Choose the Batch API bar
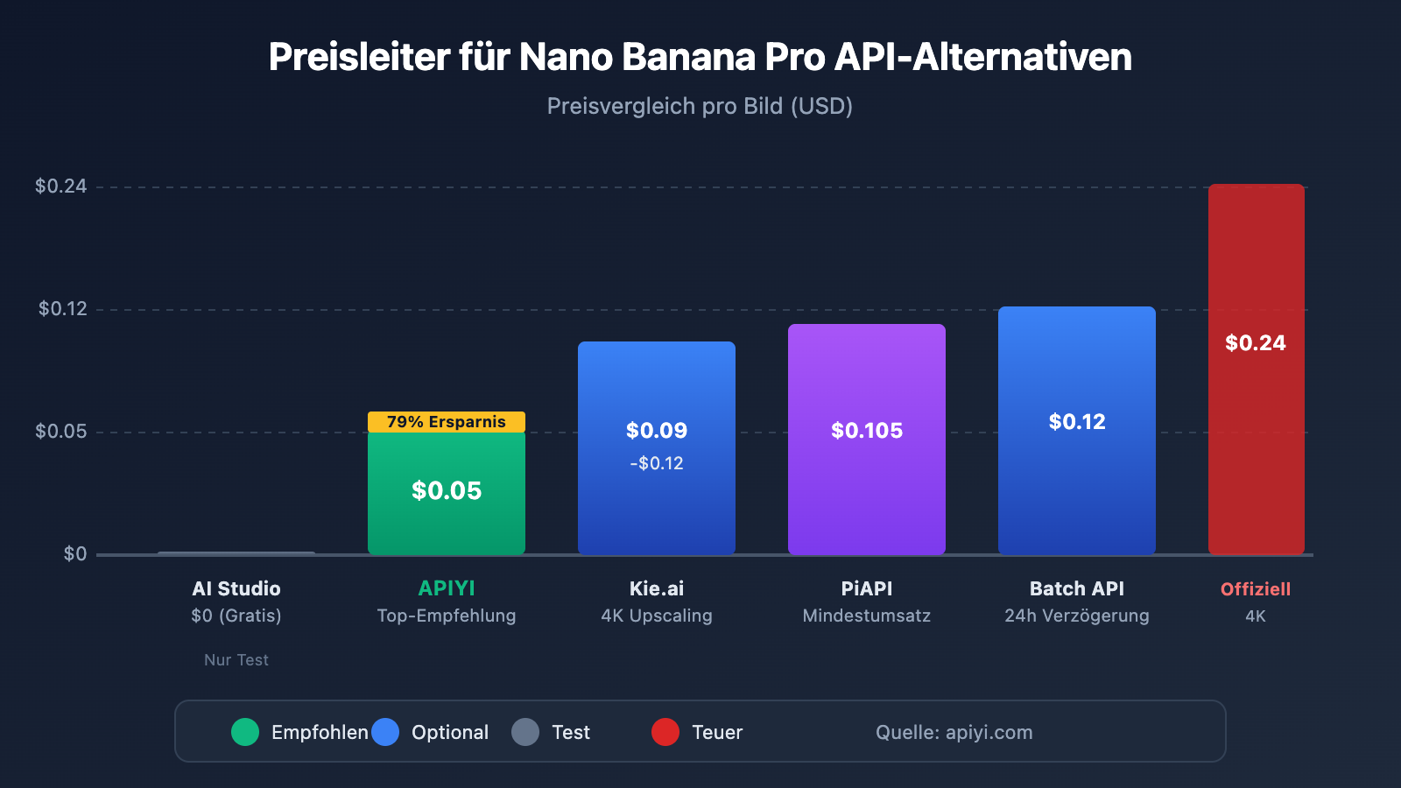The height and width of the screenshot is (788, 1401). (x=1077, y=490)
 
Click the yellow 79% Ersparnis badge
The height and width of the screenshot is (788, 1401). (x=447, y=422)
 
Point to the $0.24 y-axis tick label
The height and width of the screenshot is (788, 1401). (x=60, y=186)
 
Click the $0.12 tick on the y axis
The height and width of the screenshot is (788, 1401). (x=62, y=308)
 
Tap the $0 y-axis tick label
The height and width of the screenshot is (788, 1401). (x=74, y=553)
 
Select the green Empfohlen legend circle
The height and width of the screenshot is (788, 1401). (x=245, y=732)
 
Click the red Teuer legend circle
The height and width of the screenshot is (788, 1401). (x=665, y=732)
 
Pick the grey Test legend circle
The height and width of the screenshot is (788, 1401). (x=525, y=732)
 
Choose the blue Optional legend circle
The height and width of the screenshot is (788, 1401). (x=385, y=732)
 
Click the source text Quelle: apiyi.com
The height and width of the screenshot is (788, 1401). (x=954, y=732)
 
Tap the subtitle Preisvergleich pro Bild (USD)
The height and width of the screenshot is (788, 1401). (x=700, y=106)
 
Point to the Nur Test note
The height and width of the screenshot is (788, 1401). (x=236, y=660)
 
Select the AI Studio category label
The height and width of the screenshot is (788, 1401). (x=236, y=588)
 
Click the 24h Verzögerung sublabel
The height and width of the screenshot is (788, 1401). (x=1077, y=616)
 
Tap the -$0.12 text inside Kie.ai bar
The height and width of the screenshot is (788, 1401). (x=657, y=463)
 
